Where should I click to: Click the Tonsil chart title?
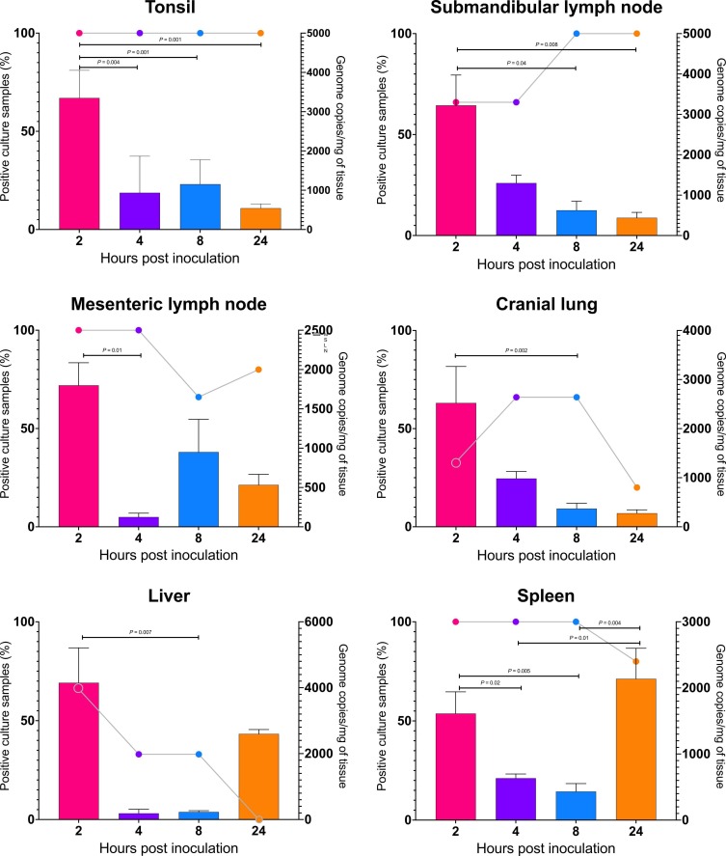point(169,9)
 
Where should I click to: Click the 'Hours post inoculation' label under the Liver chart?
point(169,847)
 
